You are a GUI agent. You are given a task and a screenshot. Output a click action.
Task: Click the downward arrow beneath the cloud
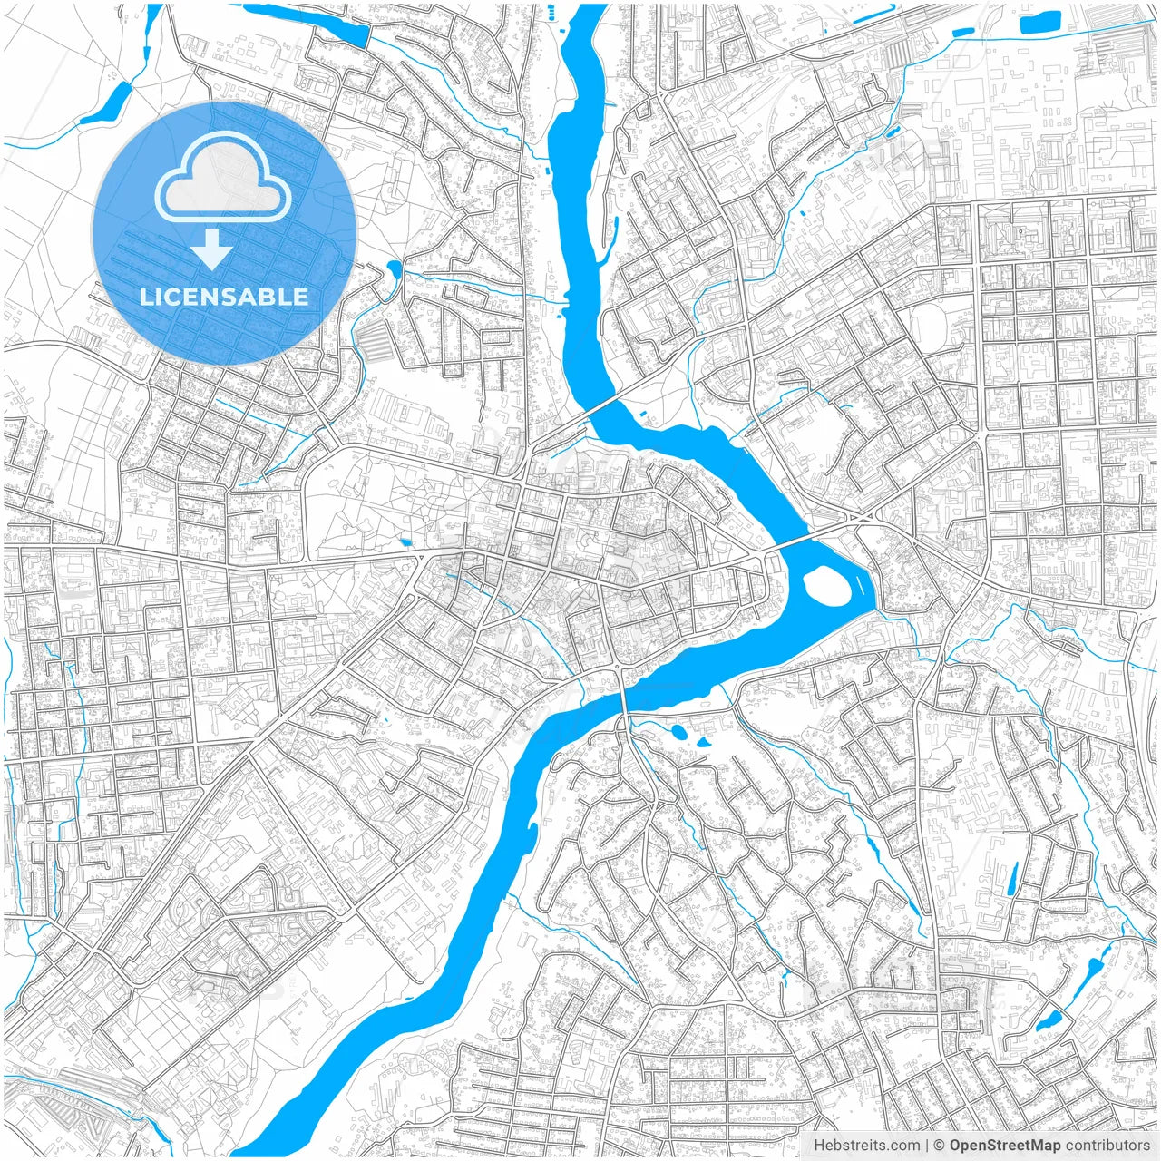pos(211,249)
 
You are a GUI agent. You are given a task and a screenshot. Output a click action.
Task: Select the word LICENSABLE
pos(223,297)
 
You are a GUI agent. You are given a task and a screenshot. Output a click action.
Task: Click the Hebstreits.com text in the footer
pos(866,1146)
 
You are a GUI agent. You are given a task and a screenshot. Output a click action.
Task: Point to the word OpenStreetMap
pos(1005,1146)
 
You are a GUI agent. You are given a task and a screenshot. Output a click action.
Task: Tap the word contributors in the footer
pos(1107,1146)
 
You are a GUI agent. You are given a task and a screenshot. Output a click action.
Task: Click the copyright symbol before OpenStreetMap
pos(940,1146)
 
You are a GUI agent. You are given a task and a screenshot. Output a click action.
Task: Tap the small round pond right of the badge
pos(394,268)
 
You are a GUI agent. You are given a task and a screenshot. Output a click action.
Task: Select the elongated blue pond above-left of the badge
pos(107,103)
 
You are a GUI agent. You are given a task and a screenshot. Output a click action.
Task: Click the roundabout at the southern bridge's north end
pos(617,668)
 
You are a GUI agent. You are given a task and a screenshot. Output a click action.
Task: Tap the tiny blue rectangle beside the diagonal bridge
pos(643,416)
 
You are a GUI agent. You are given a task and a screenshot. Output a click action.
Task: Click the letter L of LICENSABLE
pos(145,297)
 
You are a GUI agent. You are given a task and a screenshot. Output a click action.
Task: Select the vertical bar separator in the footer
pos(927,1146)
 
